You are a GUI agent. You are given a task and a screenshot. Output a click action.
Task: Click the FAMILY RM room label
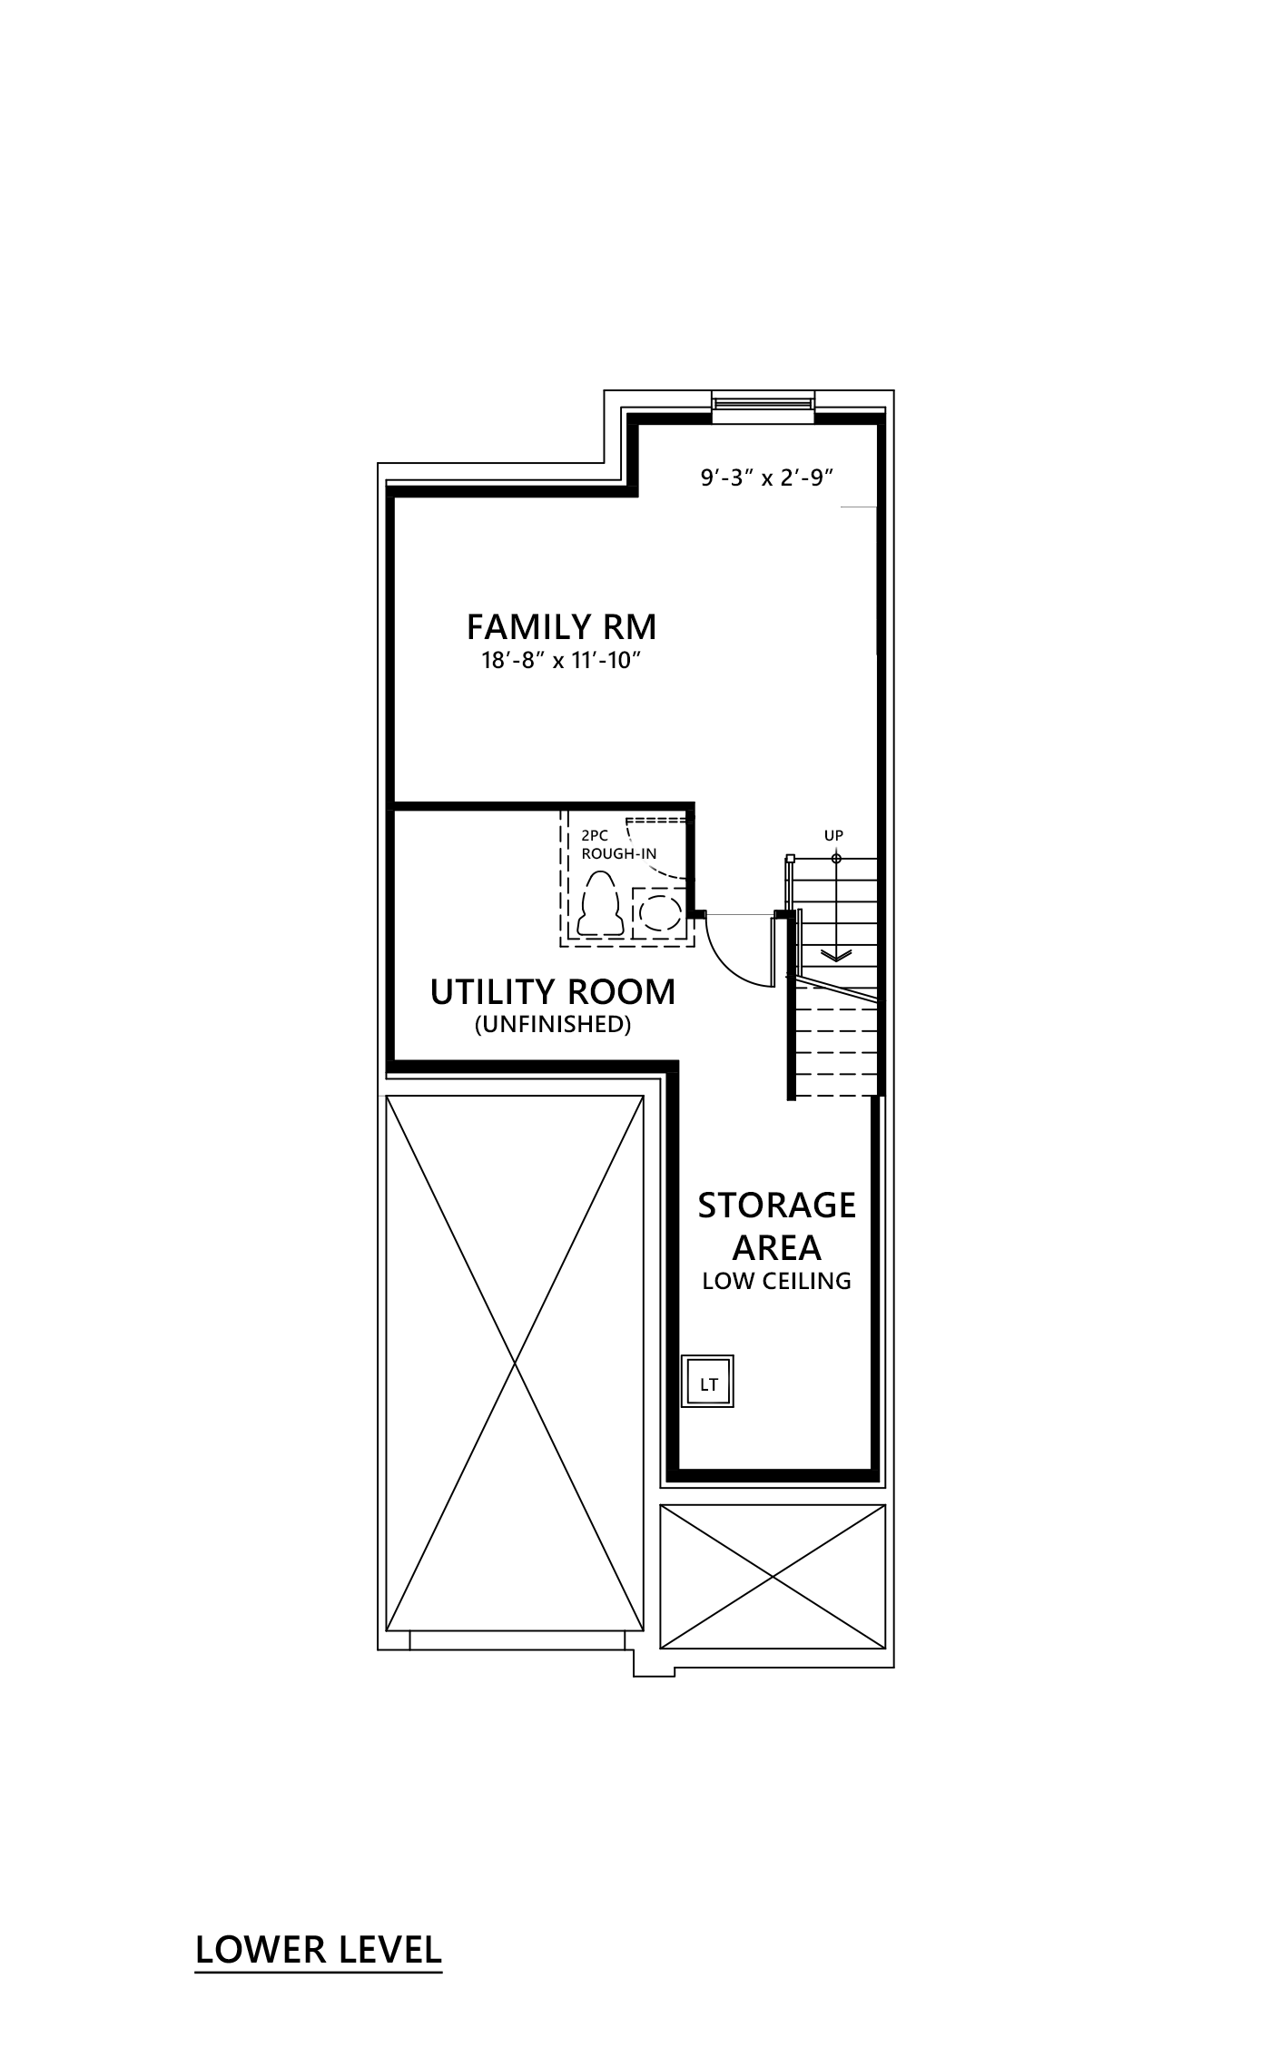pos(561,627)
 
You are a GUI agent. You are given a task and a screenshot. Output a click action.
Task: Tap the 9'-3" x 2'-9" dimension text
pos(767,478)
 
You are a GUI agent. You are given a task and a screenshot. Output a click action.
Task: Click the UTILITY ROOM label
pos(553,992)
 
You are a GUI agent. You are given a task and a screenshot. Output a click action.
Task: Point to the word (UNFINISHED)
pos(553,1025)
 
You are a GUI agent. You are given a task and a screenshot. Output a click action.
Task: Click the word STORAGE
pos(776,1206)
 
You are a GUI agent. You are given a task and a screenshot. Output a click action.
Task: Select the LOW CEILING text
pos(776,1281)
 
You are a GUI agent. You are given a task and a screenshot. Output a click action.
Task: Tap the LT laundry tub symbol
pos(709,1384)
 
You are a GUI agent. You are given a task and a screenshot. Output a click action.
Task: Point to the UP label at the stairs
pos(833,835)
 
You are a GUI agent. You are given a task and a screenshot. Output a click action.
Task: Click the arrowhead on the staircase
pos(836,955)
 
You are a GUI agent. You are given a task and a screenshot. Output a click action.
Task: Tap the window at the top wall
pos(763,401)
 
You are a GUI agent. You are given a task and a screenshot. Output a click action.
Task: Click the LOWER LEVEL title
pos(319,1950)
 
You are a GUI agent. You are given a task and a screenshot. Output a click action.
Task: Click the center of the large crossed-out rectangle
pos(515,1363)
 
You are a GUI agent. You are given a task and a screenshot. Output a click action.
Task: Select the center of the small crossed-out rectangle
pos(773,1577)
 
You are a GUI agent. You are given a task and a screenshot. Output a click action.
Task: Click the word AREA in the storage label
pos(776,1248)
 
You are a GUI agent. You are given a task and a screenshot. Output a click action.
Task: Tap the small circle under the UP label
pos(836,859)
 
